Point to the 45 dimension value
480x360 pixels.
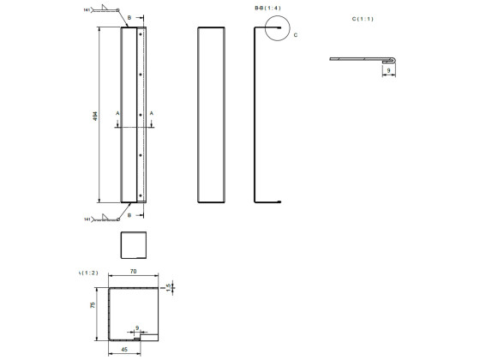pos(126,350)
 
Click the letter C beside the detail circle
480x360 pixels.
pos(296,35)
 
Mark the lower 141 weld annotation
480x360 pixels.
pos(87,219)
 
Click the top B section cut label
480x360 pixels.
pos(129,17)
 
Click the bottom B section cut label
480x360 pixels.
pos(129,215)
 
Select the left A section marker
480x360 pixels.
pos(117,112)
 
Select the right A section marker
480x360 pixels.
pos(152,112)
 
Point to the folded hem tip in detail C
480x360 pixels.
pos(393,59)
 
